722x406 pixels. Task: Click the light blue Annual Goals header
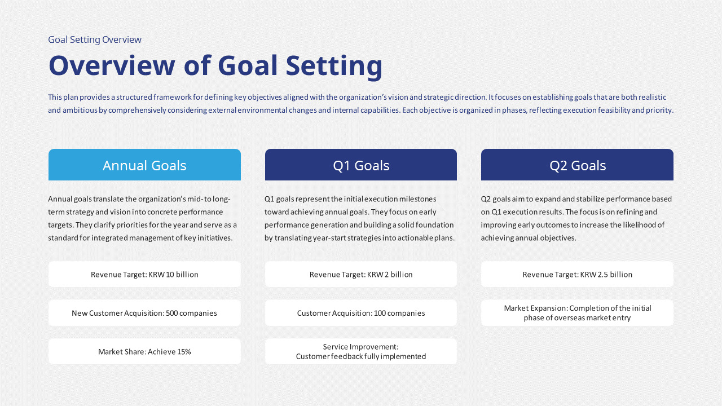click(x=144, y=165)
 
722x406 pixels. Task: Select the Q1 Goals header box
click(x=360, y=165)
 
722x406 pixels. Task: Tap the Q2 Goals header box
click(x=577, y=165)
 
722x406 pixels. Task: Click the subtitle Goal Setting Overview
click(x=95, y=39)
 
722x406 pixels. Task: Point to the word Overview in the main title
click(x=112, y=65)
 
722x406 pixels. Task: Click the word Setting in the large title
click(x=334, y=67)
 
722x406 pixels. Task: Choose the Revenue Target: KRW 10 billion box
click(x=144, y=274)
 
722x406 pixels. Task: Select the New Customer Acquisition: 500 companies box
click(x=144, y=313)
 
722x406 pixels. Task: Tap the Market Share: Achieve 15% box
click(x=144, y=351)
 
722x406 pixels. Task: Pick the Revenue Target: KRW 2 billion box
click(x=360, y=274)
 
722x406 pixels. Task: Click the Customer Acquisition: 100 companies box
click(x=360, y=313)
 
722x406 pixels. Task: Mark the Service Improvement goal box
click(x=360, y=351)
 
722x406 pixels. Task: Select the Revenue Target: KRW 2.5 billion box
click(x=577, y=274)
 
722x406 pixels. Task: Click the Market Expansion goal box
click(x=577, y=313)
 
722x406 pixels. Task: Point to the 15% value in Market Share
click(x=184, y=351)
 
